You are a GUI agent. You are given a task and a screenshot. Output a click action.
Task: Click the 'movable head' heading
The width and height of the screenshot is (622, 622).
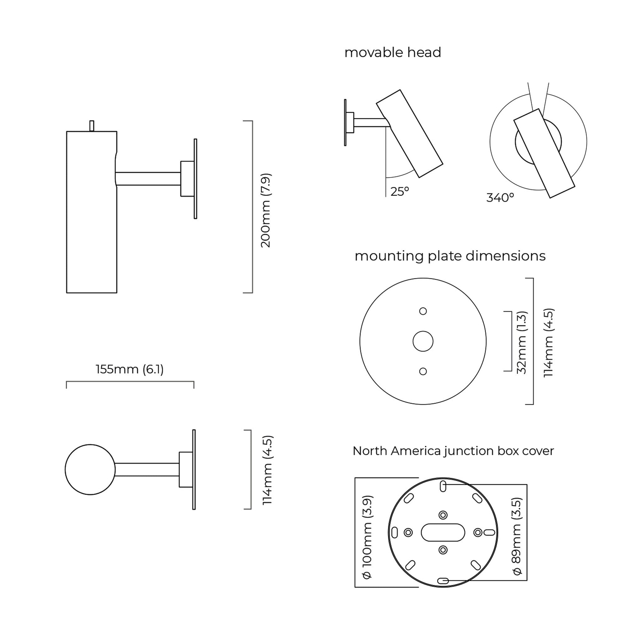[393, 52]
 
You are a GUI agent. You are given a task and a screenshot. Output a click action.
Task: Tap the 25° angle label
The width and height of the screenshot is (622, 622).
[400, 191]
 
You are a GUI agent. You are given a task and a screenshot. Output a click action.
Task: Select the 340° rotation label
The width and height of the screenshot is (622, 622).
[500, 198]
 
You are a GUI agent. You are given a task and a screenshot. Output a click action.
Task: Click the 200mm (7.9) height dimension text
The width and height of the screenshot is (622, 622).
[266, 211]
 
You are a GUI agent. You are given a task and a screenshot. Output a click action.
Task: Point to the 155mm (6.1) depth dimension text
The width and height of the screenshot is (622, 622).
[130, 369]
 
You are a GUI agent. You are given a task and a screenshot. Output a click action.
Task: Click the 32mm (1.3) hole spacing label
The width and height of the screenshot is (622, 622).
[521, 343]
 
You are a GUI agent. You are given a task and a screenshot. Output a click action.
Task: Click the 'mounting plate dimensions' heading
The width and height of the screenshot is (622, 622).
[450, 256]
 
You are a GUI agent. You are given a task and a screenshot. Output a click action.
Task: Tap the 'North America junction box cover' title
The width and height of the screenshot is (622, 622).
[453, 451]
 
